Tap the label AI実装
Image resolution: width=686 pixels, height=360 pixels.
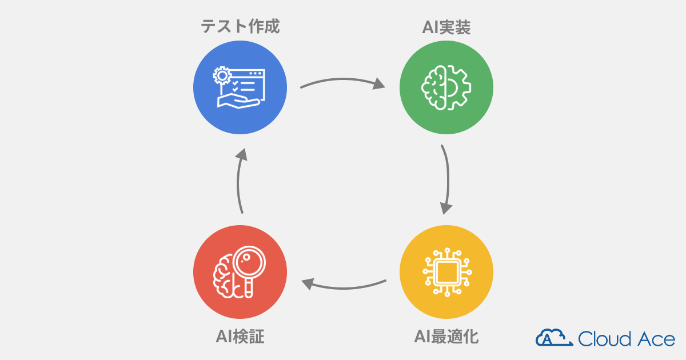coord(445,27)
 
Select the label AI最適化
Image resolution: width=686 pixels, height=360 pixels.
coord(446,337)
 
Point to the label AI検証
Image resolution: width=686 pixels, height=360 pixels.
coord(240,337)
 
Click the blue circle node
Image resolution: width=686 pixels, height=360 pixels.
coord(240,87)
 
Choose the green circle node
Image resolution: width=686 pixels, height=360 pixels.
coord(446,87)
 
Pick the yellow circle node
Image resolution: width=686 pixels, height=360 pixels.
coord(446,273)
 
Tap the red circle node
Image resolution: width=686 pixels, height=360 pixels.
coord(240,273)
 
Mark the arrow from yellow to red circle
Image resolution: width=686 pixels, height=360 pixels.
coord(343,283)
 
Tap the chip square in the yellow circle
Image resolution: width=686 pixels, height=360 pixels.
coord(446,273)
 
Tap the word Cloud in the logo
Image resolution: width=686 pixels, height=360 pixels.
coord(605,338)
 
